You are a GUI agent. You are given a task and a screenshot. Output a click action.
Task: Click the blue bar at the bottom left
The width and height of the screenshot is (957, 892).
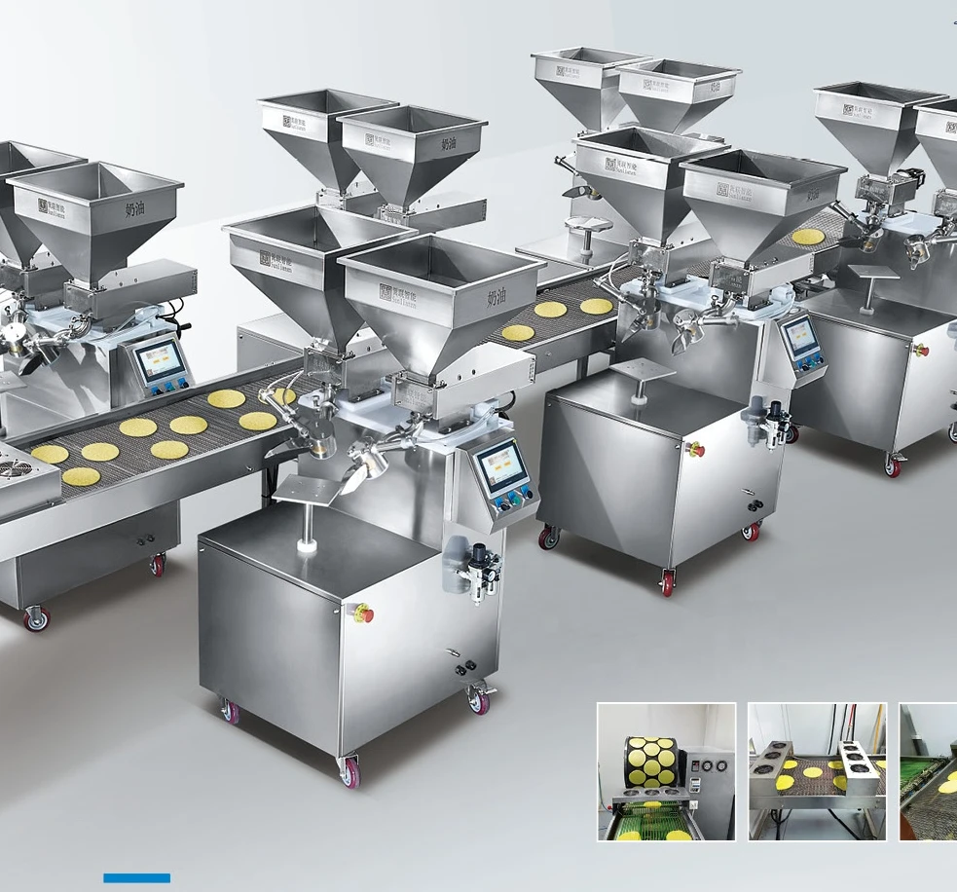coord(136,878)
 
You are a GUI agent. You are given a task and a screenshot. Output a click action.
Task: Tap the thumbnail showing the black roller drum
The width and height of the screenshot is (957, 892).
coord(666,771)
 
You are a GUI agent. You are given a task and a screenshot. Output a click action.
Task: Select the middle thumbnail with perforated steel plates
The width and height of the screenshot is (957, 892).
coord(817,771)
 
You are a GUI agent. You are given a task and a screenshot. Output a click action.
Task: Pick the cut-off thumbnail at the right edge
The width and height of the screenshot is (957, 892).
coord(928,771)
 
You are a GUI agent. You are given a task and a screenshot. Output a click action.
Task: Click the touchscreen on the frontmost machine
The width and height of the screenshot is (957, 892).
coord(502,465)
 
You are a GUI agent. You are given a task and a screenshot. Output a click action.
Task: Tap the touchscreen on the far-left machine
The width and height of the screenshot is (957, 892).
coord(159,361)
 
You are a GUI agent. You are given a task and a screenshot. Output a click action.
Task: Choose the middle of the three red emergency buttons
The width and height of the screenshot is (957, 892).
coord(696,450)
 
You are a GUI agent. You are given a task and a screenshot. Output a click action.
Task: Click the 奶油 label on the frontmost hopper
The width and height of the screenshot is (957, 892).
coord(497,297)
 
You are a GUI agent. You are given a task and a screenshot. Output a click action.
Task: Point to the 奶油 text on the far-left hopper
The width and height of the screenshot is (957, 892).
coord(135,210)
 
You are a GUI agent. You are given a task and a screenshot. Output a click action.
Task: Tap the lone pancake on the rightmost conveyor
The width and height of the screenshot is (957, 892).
coord(806,237)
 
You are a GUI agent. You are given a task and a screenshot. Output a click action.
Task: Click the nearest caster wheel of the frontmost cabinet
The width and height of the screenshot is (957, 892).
coord(350,773)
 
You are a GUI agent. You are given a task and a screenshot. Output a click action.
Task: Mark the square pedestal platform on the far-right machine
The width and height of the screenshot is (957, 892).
coord(872,274)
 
